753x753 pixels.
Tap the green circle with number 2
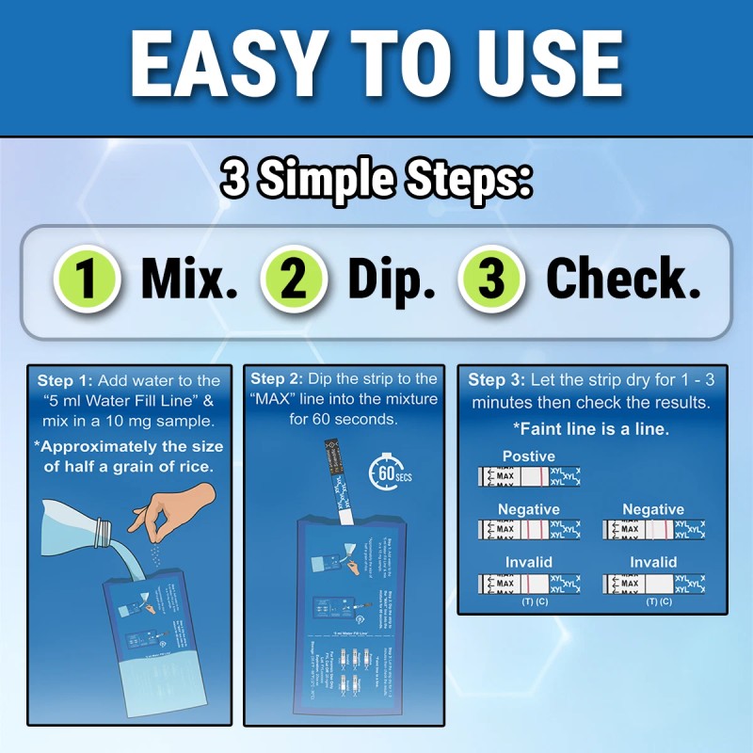pyautogui.click(x=295, y=280)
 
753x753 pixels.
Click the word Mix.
pyautogui.click(x=189, y=280)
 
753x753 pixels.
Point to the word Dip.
pyautogui.click(x=392, y=280)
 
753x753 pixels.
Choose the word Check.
pyautogui.click(x=623, y=280)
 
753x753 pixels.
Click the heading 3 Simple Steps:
pyautogui.click(x=376, y=178)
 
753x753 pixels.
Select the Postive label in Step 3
pyautogui.click(x=528, y=457)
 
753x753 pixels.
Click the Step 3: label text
pyautogui.click(x=500, y=380)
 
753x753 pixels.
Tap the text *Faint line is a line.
pyautogui.click(x=591, y=428)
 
